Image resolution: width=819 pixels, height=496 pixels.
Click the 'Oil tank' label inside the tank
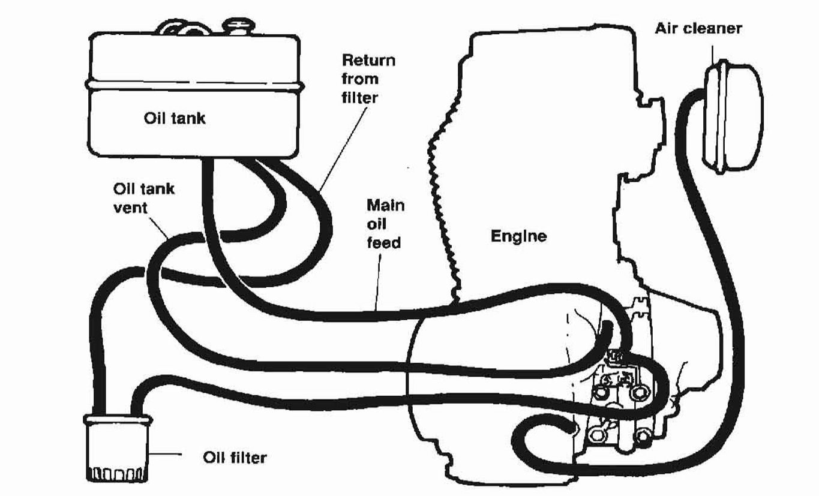[174, 118]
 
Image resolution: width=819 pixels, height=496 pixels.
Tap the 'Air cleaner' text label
[698, 28]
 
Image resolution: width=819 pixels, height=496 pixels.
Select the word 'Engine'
[518, 236]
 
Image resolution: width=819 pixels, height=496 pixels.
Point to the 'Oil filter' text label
[233, 458]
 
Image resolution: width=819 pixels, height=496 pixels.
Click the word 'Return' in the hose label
[368, 61]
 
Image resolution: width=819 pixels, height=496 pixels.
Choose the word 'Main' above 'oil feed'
[385, 205]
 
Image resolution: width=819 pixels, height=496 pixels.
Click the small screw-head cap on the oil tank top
[237, 25]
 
